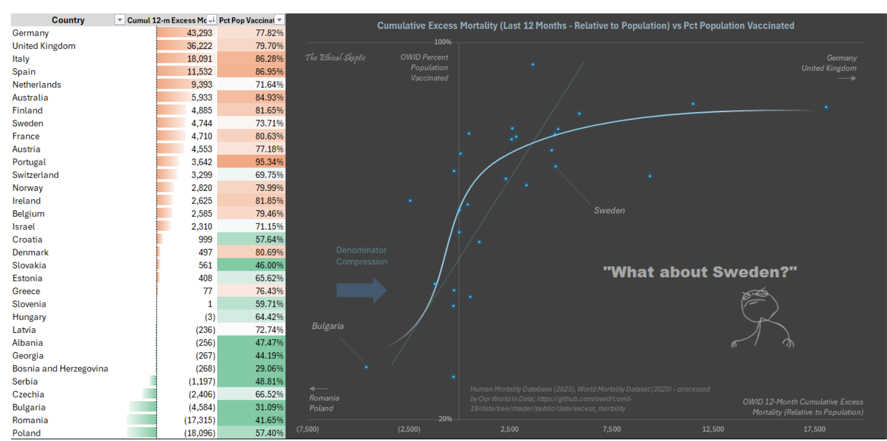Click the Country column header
click(x=68, y=20)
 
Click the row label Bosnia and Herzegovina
click(x=60, y=368)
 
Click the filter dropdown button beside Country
click(x=119, y=20)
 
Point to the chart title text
click(x=586, y=26)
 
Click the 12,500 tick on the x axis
click(x=713, y=429)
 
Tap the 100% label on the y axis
click(x=442, y=42)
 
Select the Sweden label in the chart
click(x=609, y=211)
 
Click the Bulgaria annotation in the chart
click(x=327, y=326)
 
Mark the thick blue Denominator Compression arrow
click(x=361, y=290)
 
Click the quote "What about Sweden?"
click(x=699, y=272)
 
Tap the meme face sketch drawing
click(x=761, y=318)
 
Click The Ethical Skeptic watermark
click(x=335, y=58)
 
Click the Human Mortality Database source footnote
click(x=589, y=399)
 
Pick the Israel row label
click(x=24, y=226)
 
